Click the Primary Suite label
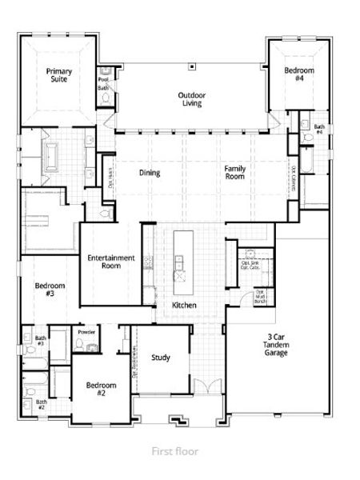(x=58, y=76)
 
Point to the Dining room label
(x=150, y=173)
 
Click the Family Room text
(x=234, y=173)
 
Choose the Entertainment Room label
(x=110, y=263)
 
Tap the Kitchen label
(x=185, y=306)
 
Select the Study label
(x=160, y=357)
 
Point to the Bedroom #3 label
(x=50, y=290)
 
